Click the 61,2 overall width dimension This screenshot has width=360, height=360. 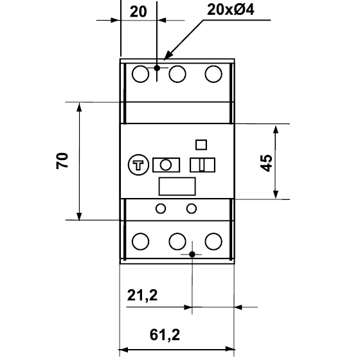point(165,335)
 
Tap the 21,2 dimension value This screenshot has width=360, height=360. point(142,295)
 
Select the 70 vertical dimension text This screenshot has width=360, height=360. point(62,161)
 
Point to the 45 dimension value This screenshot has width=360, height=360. point(266,163)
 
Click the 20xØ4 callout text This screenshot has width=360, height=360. point(231,10)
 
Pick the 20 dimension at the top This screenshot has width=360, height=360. point(138,12)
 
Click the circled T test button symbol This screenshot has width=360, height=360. point(138,165)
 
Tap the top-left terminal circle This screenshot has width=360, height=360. point(141,74)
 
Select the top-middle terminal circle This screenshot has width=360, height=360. point(177,74)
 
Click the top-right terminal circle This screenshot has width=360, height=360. point(213,74)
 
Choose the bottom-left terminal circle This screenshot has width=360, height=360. point(141,241)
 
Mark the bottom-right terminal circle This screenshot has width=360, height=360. point(213,241)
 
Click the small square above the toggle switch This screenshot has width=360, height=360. point(201,145)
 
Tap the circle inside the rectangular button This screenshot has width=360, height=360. point(166,165)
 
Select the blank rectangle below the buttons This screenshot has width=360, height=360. point(177,186)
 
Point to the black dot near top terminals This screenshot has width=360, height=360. point(157,68)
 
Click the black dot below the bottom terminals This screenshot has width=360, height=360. point(192,255)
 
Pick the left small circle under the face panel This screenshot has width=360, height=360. point(161,209)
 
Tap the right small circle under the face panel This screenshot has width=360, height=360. point(192,209)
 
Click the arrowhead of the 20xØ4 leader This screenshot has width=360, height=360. point(164,60)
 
